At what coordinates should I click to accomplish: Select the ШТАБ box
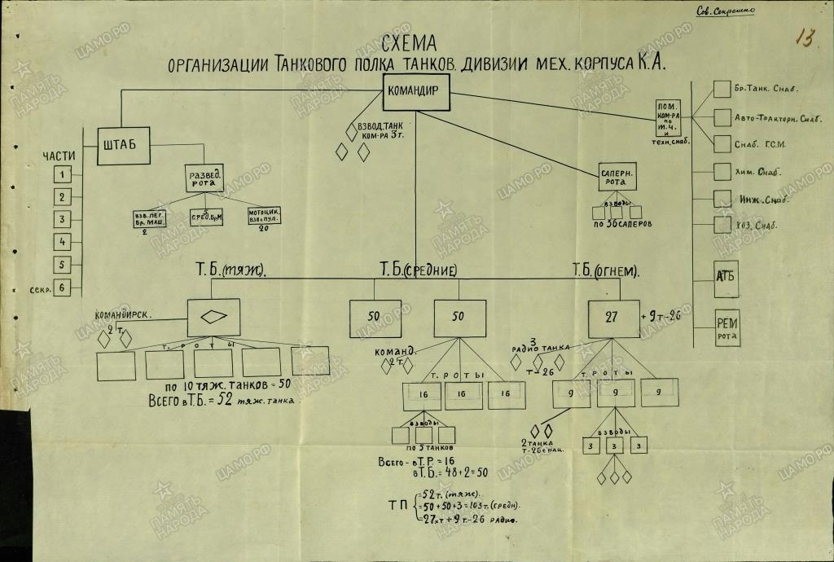point(124,145)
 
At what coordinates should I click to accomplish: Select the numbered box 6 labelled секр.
point(62,287)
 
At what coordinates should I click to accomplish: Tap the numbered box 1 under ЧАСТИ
point(62,173)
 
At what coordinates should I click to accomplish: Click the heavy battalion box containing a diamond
point(213,317)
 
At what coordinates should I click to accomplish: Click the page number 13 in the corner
point(805,38)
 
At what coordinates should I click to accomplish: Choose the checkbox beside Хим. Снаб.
point(722,171)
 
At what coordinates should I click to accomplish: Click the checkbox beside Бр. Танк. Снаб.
point(722,88)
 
